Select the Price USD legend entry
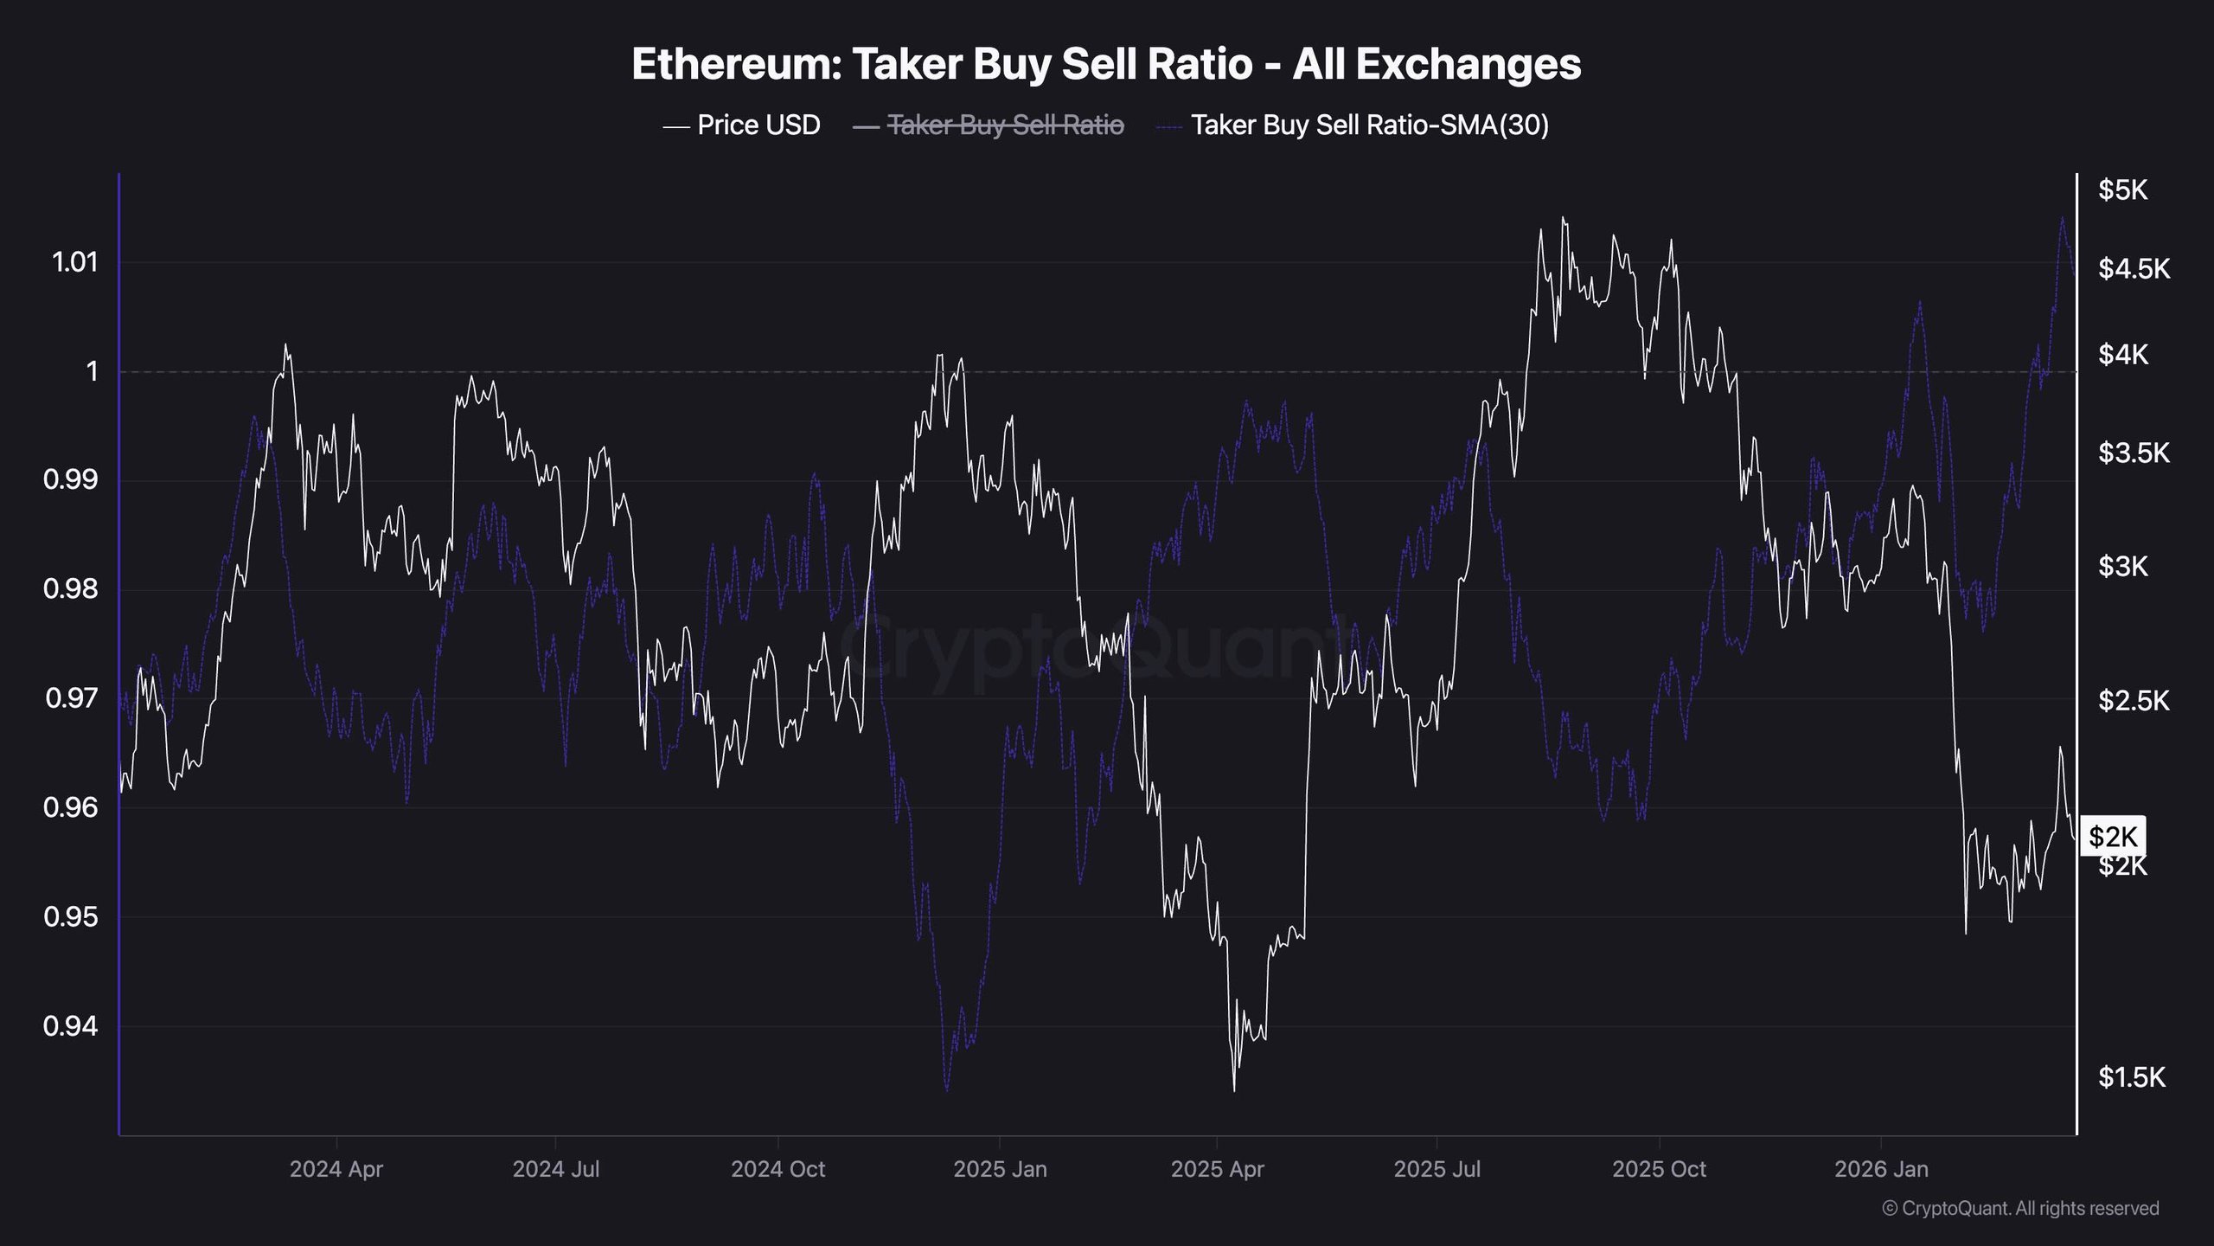758,125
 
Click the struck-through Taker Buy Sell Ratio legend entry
1006,125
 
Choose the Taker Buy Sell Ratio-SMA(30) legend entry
1369,125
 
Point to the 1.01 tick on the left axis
75,262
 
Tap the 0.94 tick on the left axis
71,1026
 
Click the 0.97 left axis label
71,697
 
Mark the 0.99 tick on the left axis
71,479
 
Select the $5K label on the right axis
2122,189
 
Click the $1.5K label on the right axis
2132,1077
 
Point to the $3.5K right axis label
2134,453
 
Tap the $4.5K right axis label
2134,269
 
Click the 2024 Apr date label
336,1169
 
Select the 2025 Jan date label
1000,1169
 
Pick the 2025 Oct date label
1659,1169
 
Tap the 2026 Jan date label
1881,1169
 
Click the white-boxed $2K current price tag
2113,837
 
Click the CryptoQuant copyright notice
2020,1208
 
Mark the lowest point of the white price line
1233,1091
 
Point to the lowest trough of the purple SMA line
946,1090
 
